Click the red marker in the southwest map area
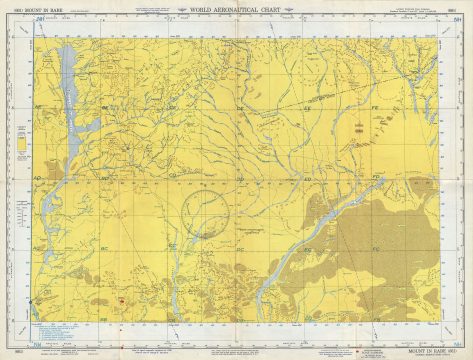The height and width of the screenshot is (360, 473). (x=119, y=298)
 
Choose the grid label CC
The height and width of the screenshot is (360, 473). (x=172, y=245)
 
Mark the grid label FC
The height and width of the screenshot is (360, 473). (x=377, y=245)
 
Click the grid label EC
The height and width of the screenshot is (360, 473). (x=308, y=245)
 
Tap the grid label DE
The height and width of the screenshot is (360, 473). (x=240, y=107)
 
